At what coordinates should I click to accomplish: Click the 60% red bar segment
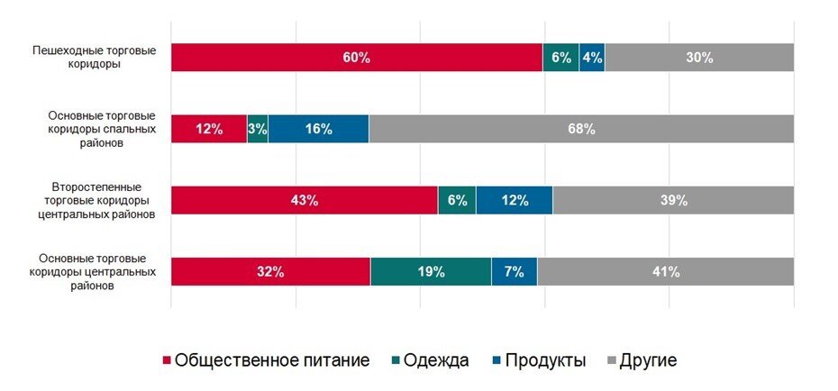[356, 58]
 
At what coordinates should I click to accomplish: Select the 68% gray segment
[581, 129]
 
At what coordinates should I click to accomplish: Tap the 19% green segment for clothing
[431, 271]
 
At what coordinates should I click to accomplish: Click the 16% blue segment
[318, 129]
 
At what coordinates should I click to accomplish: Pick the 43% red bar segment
[304, 200]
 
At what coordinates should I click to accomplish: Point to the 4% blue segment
[592, 58]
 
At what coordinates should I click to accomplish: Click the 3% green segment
[257, 129]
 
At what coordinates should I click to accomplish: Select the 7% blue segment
[514, 271]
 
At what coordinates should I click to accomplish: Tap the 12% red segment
[208, 129]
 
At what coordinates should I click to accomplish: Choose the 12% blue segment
[515, 200]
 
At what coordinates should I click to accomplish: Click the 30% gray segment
[699, 58]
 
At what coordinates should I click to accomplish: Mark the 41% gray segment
[666, 271]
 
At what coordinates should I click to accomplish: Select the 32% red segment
[270, 271]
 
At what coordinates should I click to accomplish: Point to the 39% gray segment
[673, 200]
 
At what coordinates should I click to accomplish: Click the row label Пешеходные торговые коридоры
[88, 58]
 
